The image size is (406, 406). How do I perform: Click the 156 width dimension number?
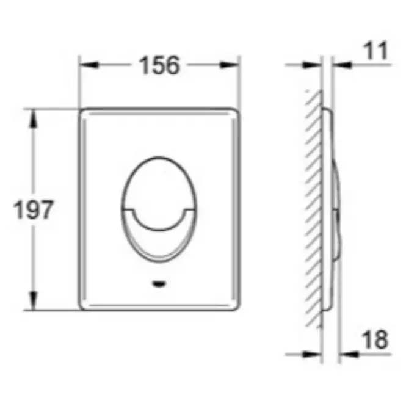pos(159,65)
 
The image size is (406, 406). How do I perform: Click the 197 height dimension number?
pos(33,209)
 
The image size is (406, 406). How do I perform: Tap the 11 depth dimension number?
pos(375,51)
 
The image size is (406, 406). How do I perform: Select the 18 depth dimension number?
pos(375,339)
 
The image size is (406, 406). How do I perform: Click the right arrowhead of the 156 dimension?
pos(229,65)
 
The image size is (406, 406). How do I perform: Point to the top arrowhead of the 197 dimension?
pos(33,118)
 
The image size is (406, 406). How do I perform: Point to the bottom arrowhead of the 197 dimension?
pos(33,300)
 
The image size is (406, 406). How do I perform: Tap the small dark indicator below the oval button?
pos(159,283)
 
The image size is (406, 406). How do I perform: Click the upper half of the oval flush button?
pos(159,181)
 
